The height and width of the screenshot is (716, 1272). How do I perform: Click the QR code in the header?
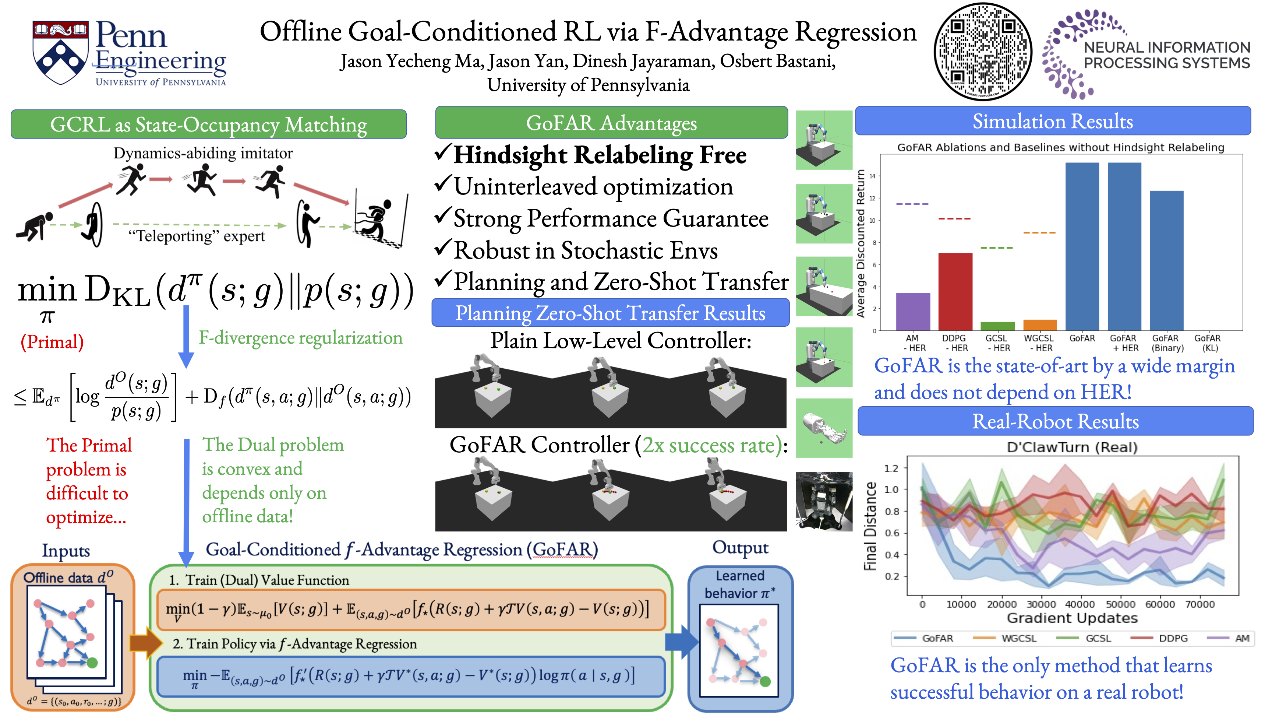click(983, 52)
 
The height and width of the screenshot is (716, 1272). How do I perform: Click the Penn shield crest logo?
click(61, 52)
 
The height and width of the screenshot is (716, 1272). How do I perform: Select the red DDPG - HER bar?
click(955, 292)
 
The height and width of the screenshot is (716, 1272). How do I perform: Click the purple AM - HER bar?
click(913, 312)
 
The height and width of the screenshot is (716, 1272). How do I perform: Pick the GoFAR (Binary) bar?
click(1167, 260)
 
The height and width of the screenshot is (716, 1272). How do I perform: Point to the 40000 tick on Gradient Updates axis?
click(1080, 604)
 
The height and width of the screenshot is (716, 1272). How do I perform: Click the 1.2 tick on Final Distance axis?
click(891, 468)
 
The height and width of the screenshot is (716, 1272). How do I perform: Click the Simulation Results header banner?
click(1053, 121)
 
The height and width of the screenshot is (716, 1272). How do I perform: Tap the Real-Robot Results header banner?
click(1055, 421)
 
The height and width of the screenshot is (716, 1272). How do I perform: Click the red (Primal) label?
click(52, 342)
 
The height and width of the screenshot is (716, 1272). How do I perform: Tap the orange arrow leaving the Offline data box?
click(146, 642)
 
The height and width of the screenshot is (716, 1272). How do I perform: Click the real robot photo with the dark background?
click(824, 501)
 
